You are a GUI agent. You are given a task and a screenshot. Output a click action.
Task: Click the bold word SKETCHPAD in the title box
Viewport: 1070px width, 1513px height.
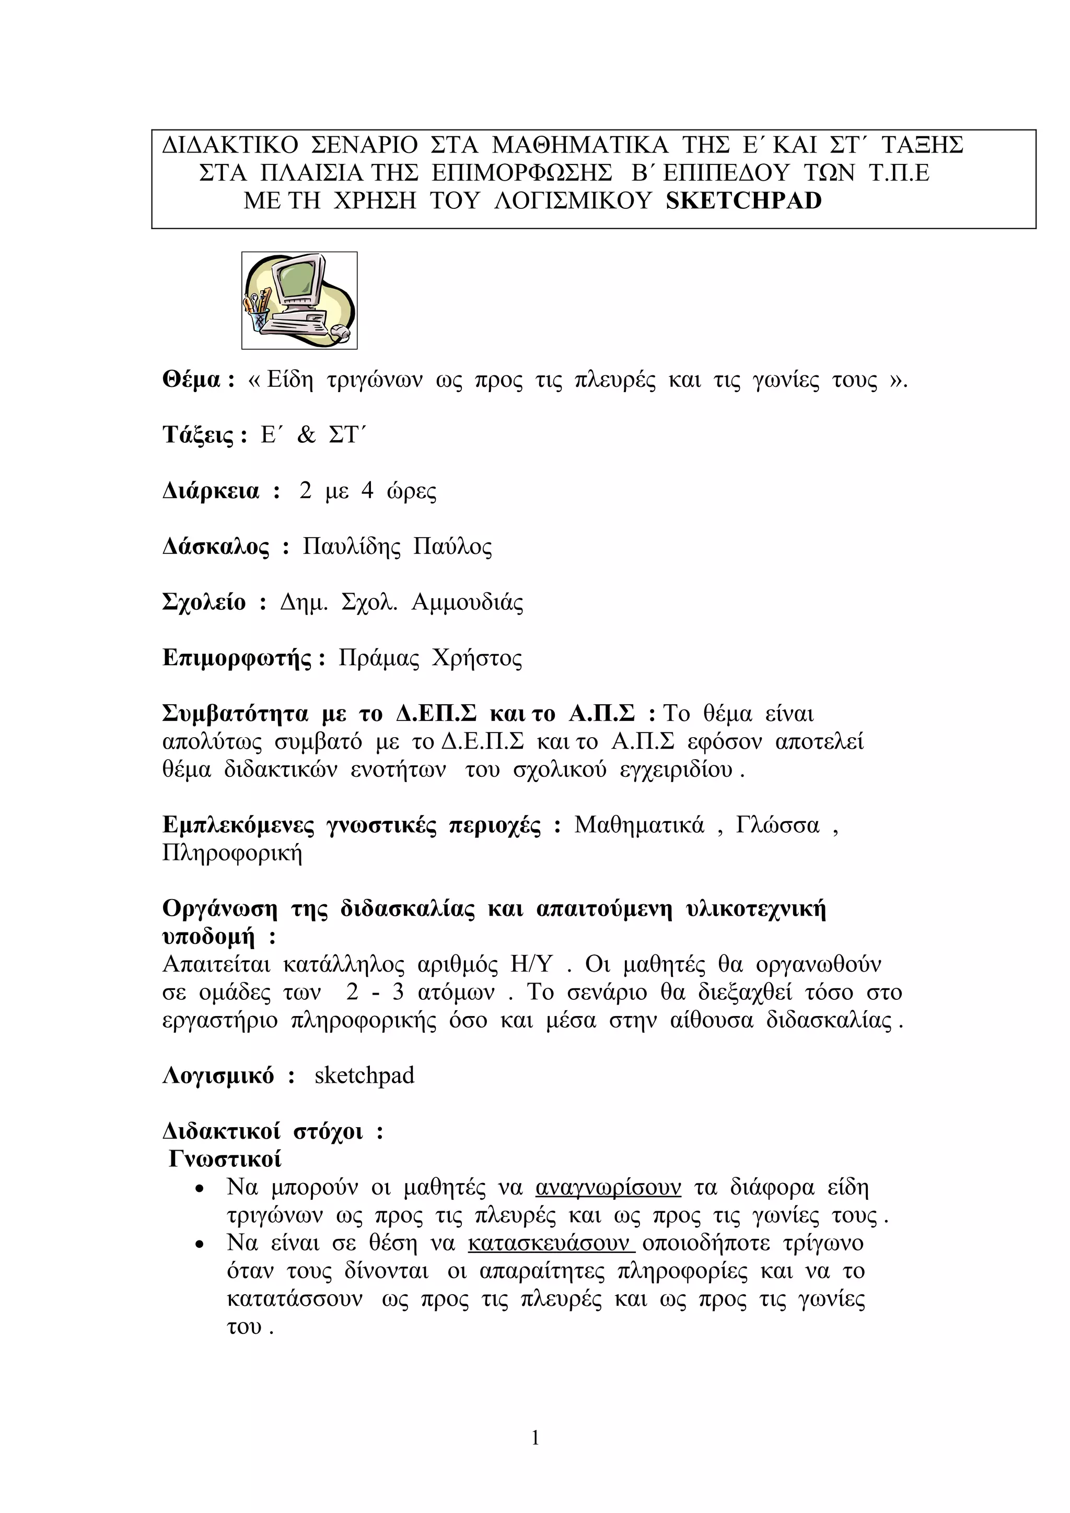(743, 201)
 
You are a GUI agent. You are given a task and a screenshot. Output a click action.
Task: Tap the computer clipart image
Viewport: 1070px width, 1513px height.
(299, 301)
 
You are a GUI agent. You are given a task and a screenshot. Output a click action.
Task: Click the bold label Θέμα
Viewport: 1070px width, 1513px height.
(191, 380)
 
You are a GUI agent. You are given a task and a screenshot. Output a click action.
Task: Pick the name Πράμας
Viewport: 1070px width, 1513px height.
(378, 658)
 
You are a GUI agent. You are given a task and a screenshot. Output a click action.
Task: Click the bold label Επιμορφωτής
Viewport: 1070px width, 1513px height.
(237, 658)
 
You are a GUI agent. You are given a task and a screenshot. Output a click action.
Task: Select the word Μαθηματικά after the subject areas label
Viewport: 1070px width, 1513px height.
(639, 825)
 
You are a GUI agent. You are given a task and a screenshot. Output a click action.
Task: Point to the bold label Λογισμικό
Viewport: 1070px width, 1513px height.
(218, 1076)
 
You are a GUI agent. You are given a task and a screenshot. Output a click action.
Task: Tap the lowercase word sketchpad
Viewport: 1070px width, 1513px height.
(365, 1076)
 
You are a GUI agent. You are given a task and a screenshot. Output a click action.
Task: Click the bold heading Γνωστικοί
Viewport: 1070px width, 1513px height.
(225, 1159)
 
